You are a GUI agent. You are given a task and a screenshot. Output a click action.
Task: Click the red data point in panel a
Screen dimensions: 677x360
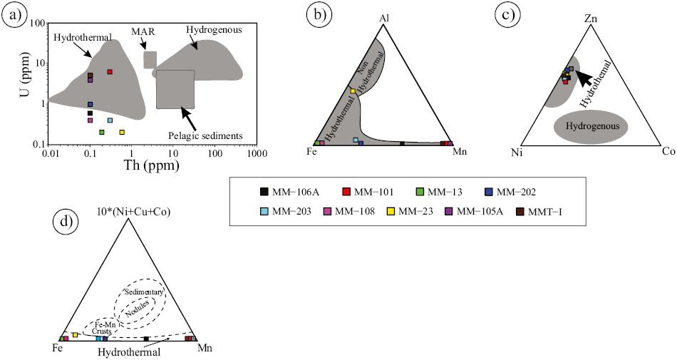[110, 72]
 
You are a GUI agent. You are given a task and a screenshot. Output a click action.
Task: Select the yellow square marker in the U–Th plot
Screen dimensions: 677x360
[122, 132]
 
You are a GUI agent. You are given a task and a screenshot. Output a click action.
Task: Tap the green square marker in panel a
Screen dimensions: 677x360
[102, 132]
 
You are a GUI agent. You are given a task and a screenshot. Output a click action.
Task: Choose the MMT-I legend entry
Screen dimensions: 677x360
[539, 212]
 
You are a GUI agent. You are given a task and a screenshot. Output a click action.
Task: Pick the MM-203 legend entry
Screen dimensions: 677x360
[285, 212]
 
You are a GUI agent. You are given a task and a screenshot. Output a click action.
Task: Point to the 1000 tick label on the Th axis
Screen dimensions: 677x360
[257, 153]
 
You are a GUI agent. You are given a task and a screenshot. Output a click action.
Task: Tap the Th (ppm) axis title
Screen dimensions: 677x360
[152, 165]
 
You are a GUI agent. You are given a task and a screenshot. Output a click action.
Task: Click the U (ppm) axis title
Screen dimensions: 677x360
[26, 73]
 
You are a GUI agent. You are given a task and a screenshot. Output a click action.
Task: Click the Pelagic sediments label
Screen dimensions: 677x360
[205, 136]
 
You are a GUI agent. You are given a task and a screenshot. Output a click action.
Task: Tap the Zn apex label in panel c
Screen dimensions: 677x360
[590, 19]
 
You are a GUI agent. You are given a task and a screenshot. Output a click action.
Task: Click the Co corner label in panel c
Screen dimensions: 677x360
[668, 152]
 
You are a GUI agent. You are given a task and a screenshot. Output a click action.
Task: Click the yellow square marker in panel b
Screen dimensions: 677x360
[353, 91]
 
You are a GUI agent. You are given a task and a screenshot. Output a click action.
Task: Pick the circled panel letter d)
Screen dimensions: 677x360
[65, 222]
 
